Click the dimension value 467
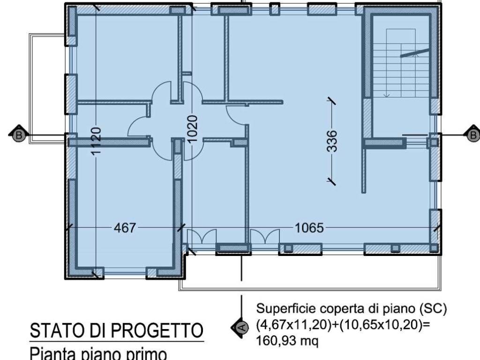[125, 228]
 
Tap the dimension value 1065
[309, 228]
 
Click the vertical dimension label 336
[331, 141]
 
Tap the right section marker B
[473, 135]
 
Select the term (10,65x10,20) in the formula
[379, 326]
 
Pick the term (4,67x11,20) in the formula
[291, 326]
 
